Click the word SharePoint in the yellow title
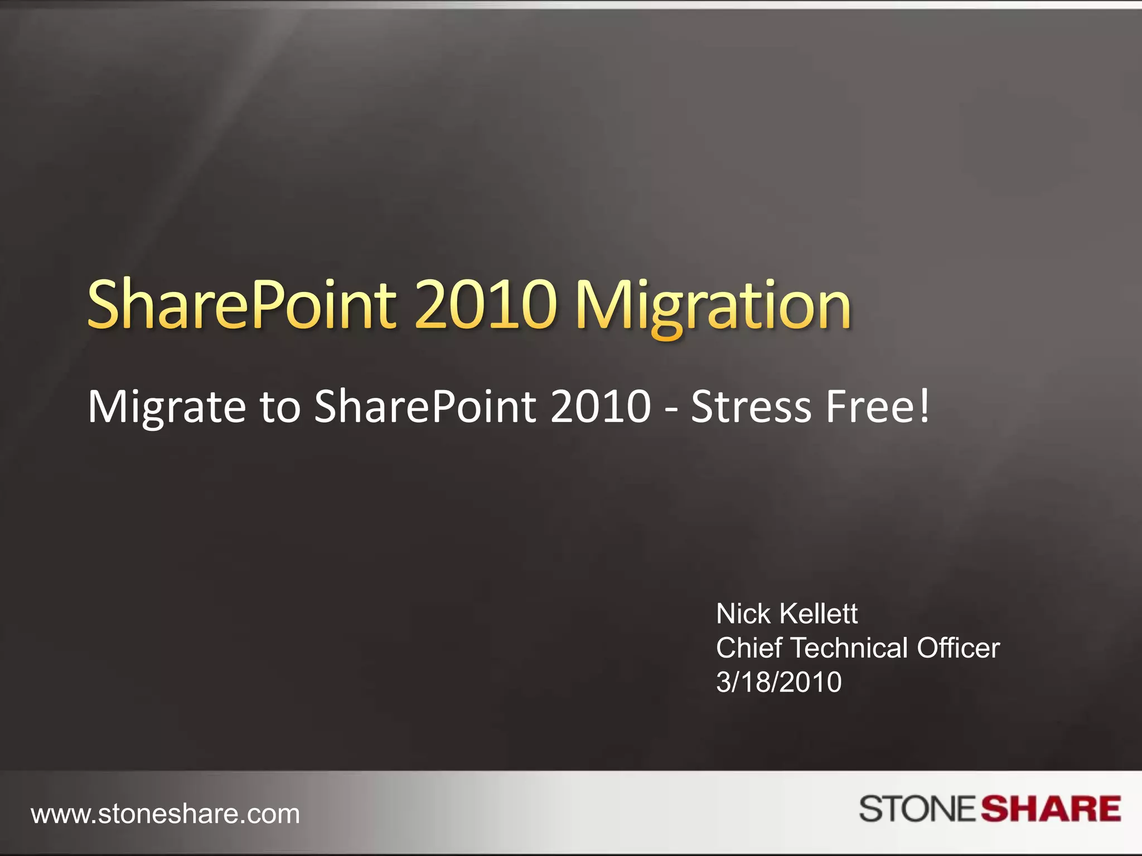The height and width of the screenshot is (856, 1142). click(241, 305)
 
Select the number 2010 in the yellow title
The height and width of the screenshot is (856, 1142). click(485, 305)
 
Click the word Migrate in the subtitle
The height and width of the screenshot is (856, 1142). click(166, 407)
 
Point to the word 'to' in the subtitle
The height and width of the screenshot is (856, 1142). click(280, 407)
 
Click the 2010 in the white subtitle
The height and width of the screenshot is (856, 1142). click(601, 407)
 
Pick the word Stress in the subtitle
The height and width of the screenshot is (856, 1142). click(751, 407)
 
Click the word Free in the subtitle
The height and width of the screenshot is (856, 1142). click(870, 407)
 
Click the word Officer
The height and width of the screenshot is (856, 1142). click(958, 648)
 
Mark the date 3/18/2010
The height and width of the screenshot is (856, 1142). click(778, 682)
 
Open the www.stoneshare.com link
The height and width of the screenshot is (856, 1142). click(166, 814)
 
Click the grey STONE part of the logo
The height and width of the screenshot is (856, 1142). click(917, 809)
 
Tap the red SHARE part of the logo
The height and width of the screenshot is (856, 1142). click(1051, 809)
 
